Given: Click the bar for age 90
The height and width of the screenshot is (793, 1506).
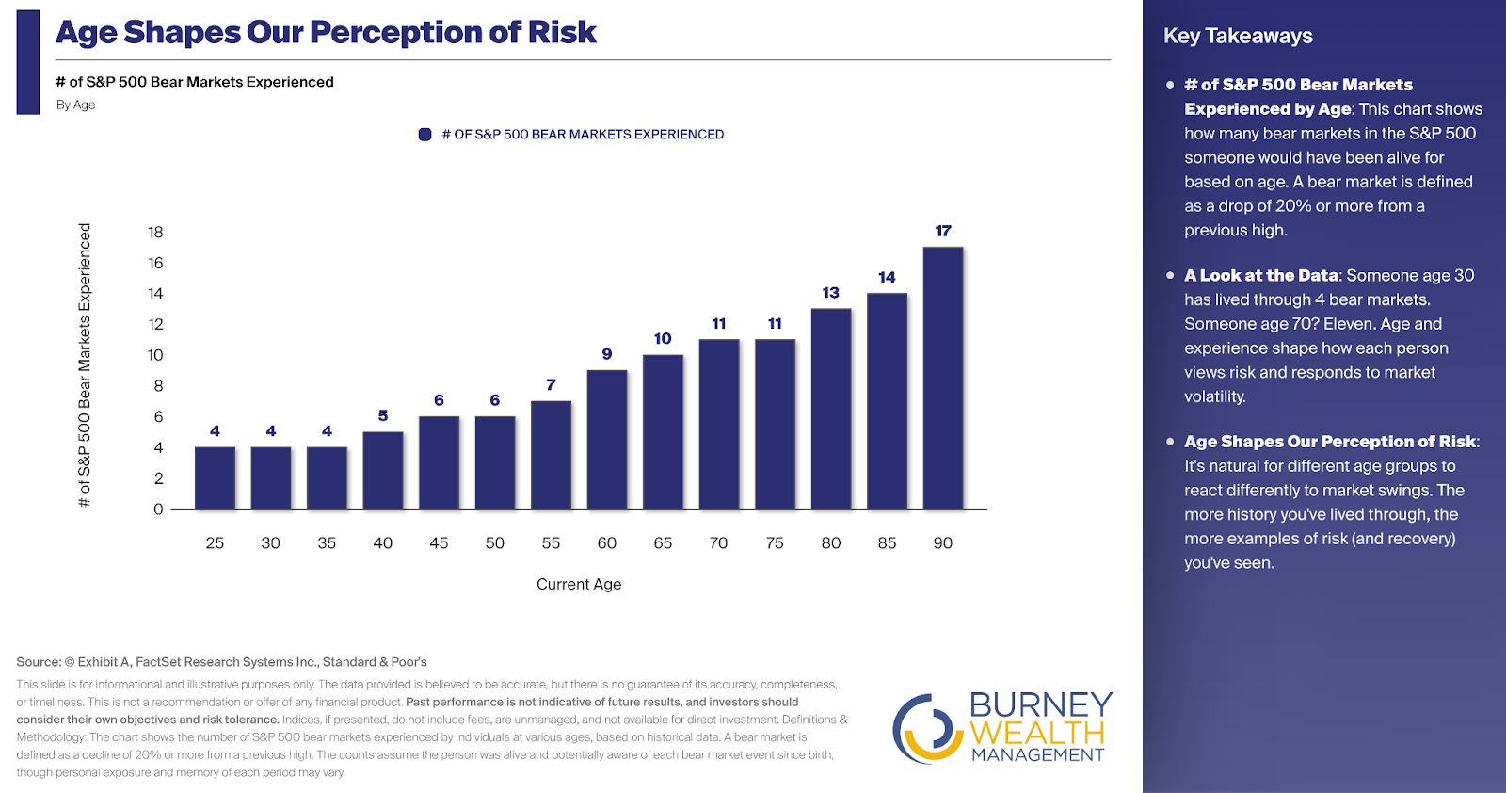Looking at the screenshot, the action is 942,378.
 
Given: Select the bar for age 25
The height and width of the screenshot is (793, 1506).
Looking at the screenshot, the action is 215,478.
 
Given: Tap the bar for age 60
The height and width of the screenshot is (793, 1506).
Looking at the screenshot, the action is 606,440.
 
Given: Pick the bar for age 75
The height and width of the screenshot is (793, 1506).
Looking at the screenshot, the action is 775,425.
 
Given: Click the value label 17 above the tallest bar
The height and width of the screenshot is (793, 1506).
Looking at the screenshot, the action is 942,231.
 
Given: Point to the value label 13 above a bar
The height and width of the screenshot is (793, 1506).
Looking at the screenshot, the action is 830,293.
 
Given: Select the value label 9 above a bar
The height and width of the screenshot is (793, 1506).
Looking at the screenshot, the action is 606,354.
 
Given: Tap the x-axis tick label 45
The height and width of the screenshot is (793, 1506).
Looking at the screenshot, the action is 439,542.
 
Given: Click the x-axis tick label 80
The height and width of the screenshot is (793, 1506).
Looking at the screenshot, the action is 830,542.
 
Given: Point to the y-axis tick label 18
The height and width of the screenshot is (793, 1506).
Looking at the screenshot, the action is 155,232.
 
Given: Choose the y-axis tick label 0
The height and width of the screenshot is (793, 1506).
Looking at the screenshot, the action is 158,510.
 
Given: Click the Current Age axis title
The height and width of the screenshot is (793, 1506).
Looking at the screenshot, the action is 579,585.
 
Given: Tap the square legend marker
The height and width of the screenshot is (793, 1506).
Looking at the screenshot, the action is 425,135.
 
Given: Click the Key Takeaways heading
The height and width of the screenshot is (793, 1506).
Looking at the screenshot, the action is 1238,36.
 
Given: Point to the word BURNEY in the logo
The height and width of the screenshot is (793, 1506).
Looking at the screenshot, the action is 1041,704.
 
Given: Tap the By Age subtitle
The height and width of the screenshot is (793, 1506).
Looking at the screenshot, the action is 75,105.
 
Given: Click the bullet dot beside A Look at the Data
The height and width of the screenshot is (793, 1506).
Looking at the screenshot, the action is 1170,275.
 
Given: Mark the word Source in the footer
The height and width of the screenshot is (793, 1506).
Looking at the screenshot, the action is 39,662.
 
